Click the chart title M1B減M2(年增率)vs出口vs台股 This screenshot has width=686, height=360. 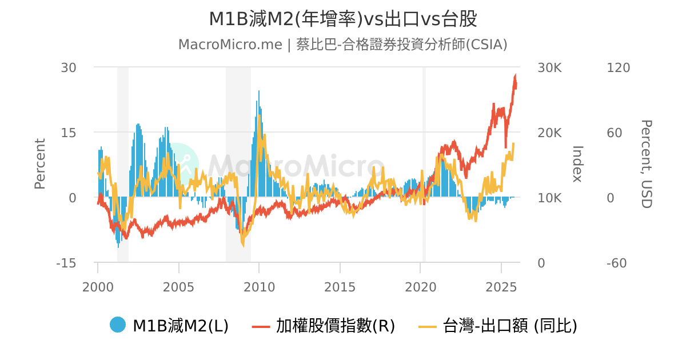tap(342, 19)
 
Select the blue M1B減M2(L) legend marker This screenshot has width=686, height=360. tap(118, 325)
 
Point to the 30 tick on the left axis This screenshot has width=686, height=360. tap(69, 67)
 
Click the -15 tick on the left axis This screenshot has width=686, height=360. tap(66, 263)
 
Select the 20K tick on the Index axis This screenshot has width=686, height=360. tap(550, 133)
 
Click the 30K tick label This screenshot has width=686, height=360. tap(550, 67)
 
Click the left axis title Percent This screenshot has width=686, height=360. tap(39, 164)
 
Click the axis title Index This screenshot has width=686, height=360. tap(577, 164)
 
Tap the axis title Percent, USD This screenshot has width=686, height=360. tap(646, 164)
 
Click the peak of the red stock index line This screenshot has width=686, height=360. tap(516, 76)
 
